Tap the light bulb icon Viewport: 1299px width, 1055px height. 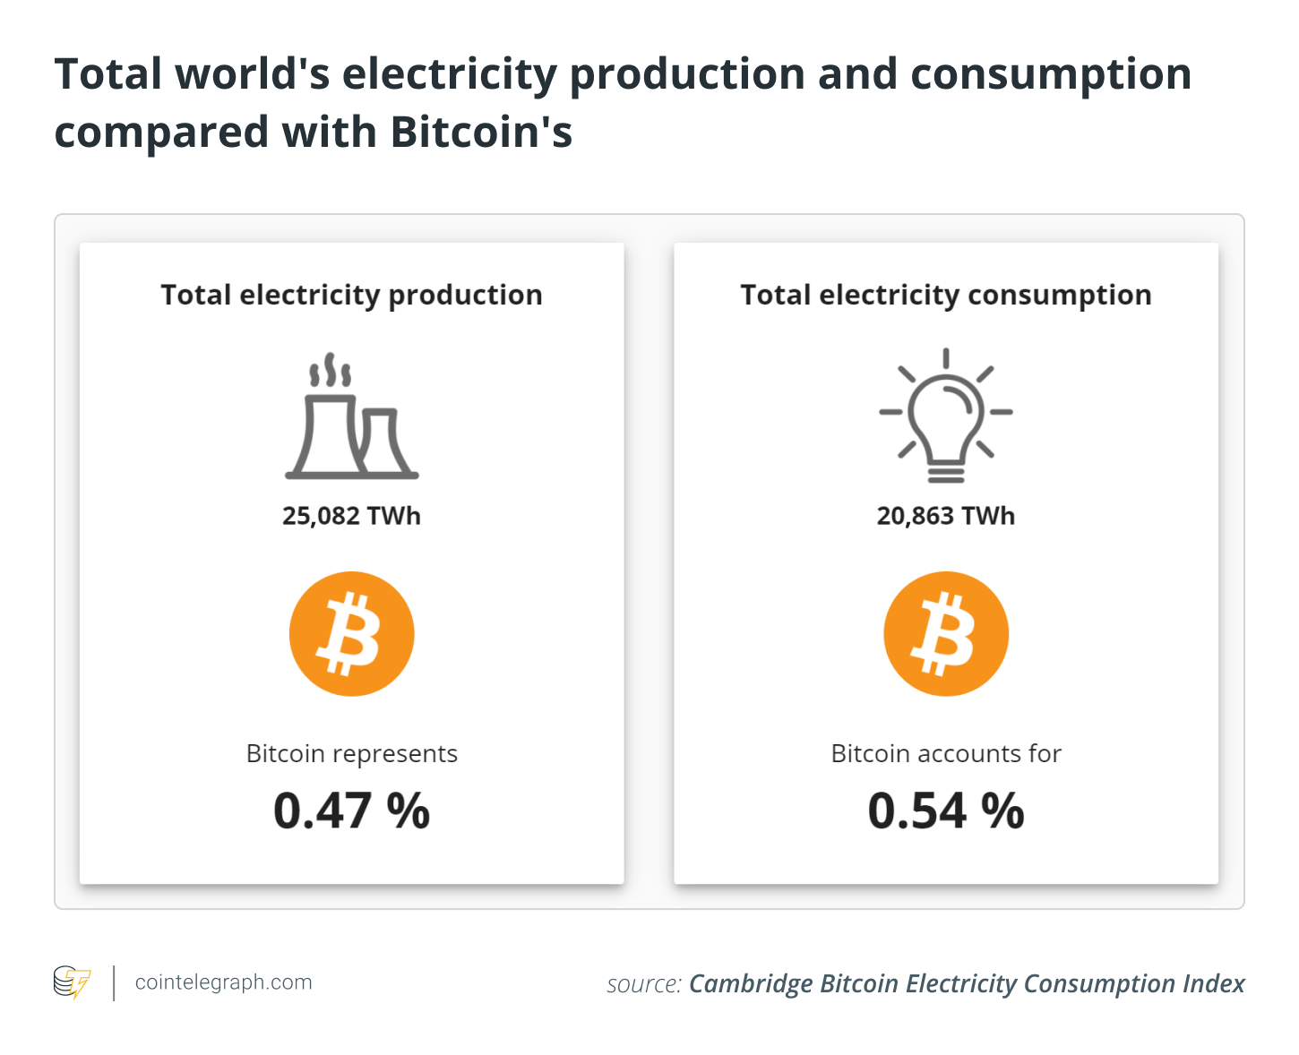point(946,416)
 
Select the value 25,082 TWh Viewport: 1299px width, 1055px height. point(351,516)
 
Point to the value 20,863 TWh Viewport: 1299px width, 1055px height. point(946,516)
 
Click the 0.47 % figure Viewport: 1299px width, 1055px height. point(351,811)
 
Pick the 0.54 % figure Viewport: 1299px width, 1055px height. point(946,811)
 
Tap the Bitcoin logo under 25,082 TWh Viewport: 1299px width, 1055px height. point(351,634)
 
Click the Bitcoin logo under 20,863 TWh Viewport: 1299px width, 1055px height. point(946,634)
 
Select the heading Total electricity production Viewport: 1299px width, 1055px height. point(351,295)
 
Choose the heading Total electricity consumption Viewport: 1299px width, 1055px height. point(946,295)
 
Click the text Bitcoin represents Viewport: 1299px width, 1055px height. point(351,754)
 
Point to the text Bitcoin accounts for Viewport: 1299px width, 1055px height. point(946,754)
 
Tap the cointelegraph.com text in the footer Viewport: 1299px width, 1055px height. point(223,982)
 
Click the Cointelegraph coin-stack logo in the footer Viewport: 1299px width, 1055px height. point(72,982)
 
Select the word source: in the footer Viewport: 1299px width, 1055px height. point(644,984)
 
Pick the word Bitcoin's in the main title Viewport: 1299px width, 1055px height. point(481,133)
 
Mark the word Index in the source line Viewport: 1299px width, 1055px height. point(1213,984)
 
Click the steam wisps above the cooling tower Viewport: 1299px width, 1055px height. point(329,371)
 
